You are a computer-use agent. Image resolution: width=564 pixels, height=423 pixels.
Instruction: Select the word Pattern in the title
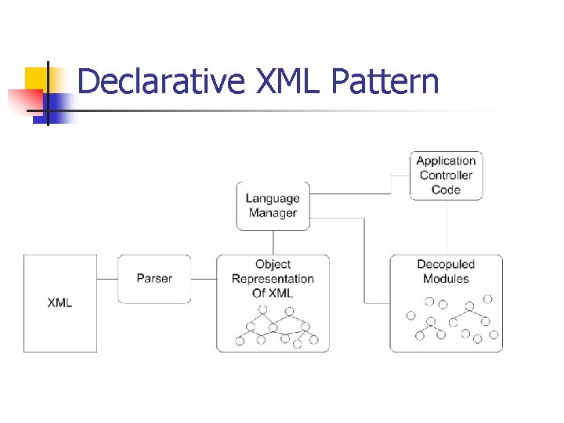[385, 82]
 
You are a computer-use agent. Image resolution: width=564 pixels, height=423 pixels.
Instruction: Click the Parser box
[154, 279]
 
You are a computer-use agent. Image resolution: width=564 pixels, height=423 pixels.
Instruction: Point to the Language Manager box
[273, 206]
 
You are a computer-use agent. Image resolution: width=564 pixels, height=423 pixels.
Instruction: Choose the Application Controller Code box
[446, 175]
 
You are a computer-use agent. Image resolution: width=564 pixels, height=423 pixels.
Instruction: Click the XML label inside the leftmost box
[60, 302]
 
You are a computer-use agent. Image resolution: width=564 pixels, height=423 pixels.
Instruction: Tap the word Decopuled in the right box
[446, 265]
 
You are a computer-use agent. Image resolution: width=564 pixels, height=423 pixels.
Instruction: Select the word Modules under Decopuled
[446, 279]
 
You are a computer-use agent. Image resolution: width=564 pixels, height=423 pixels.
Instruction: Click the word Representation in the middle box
[273, 279]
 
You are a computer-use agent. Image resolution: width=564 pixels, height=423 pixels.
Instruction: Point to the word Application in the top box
[446, 161]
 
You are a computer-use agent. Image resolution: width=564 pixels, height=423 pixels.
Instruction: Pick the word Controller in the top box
[446, 175]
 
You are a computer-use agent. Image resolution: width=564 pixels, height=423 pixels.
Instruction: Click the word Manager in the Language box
[273, 213]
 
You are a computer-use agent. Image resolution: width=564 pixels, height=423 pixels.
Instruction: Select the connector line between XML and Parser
[107, 279]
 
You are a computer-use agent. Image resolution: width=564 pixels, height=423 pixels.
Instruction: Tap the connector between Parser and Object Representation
[204, 279]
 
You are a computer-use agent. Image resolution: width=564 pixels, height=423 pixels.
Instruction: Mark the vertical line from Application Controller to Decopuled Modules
[446, 227]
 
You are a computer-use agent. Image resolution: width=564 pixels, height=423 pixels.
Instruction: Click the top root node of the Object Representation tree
[263, 310]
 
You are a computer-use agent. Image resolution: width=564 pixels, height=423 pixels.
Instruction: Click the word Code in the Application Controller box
[446, 190]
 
